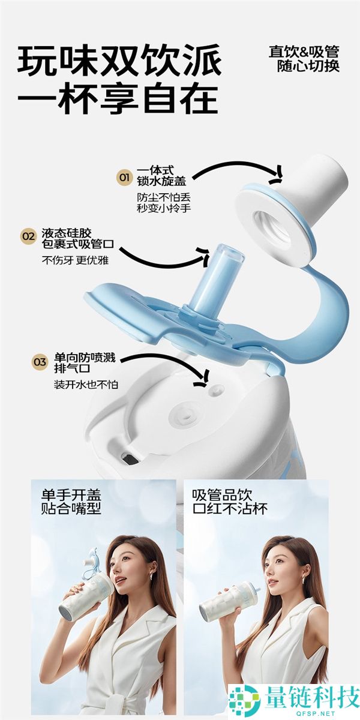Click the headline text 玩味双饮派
119,61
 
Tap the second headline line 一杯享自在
118,98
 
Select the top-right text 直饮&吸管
304,52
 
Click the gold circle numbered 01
124,177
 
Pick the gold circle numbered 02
29,237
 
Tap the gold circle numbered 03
40,362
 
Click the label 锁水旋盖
161,181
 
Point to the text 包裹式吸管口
78,244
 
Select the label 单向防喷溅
85,358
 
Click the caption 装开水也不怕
86,385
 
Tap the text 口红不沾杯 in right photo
230,509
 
